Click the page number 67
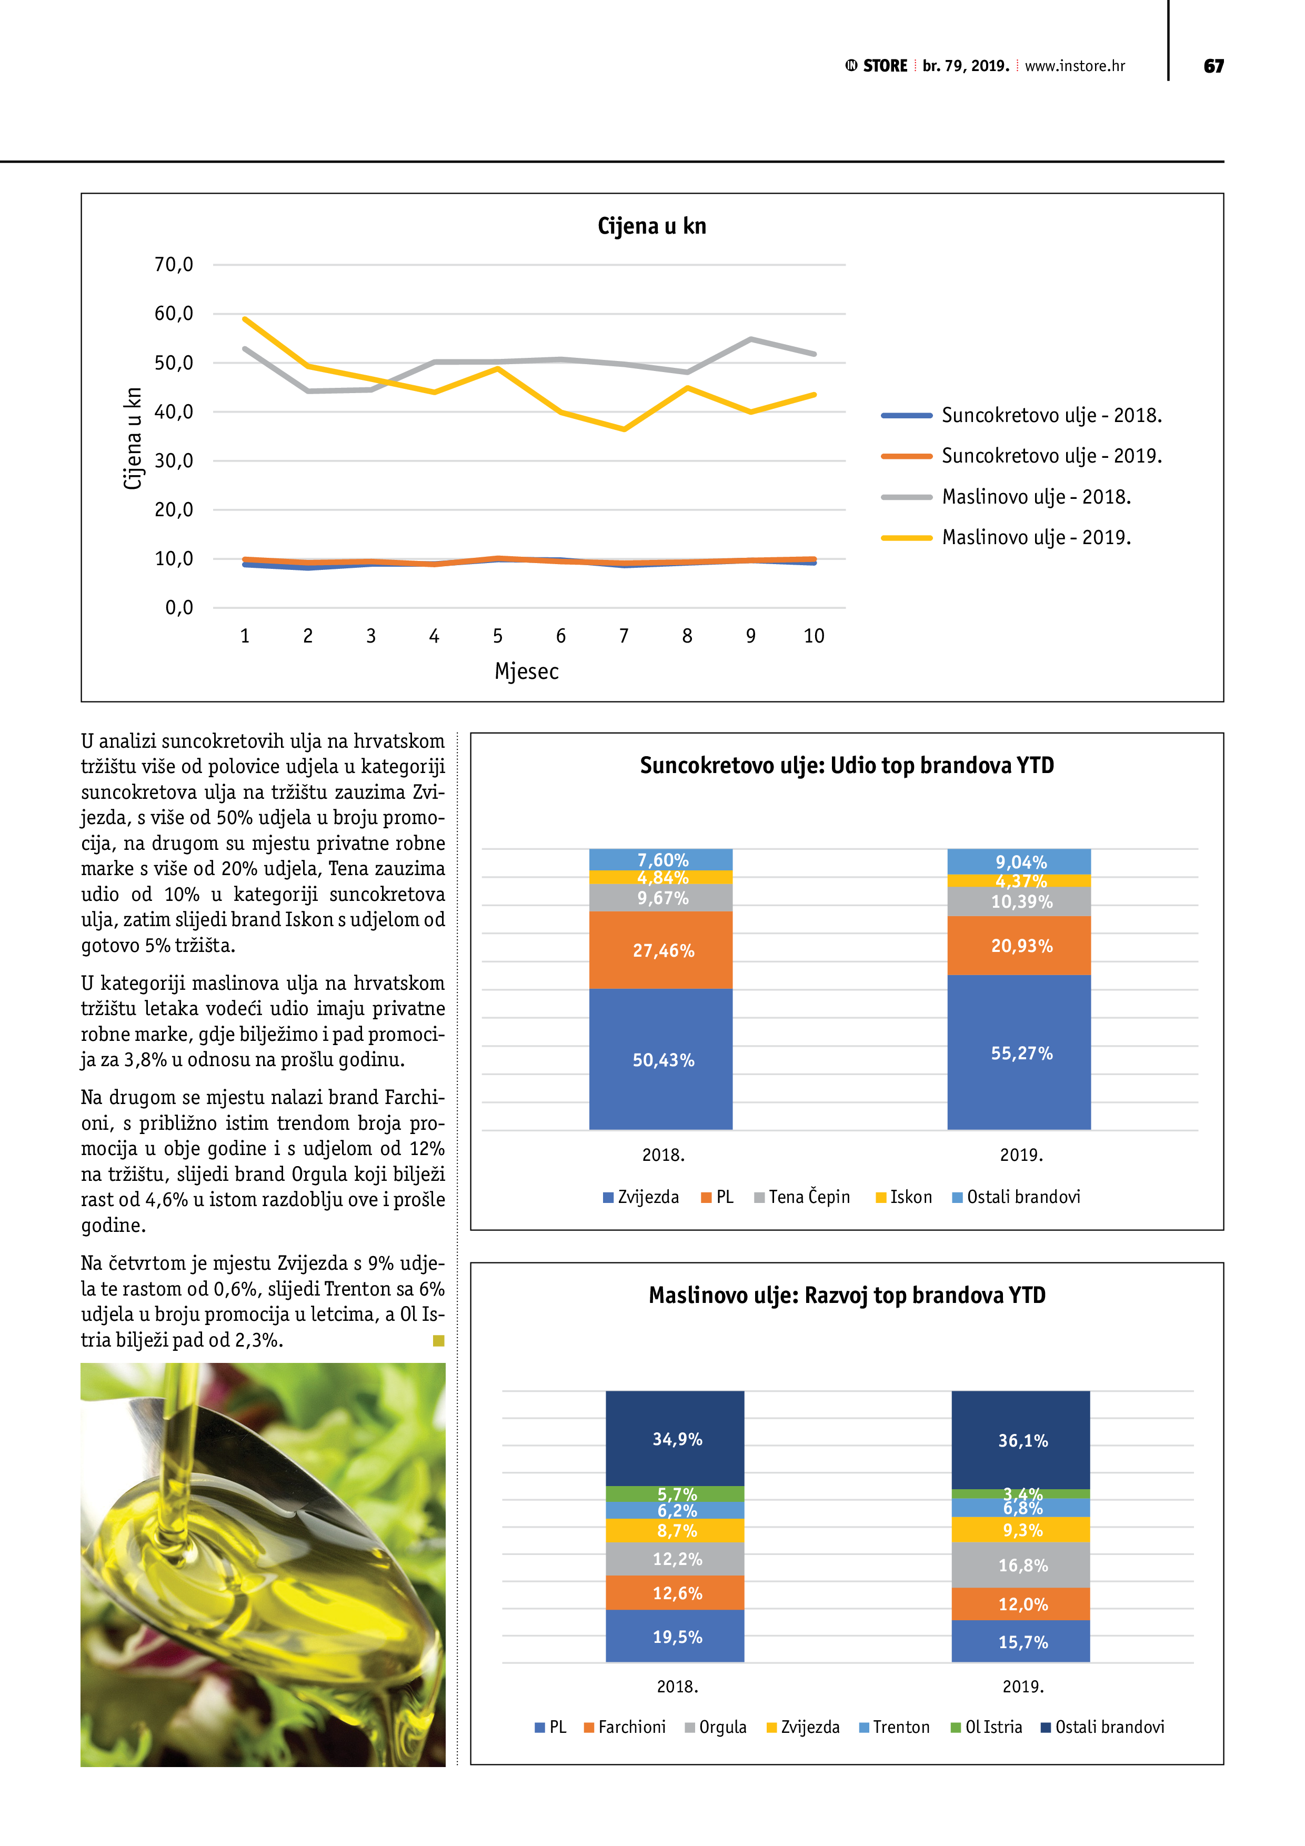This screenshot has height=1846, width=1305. [x=1213, y=66]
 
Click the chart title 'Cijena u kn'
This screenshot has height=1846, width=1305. [x=651, y=226]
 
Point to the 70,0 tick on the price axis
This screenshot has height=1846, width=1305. [x=174, y=265]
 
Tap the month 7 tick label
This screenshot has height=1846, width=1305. [x=624, y=636]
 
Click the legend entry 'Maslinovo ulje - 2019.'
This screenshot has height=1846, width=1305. [x=1036, y=537]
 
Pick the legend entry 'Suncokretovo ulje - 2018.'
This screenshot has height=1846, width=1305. [x=1051, y=416]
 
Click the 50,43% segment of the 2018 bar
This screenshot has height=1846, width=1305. [x=662, y=1060]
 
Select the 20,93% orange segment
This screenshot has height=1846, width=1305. [x=1021, y=946]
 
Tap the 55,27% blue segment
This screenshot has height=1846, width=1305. [x=1021, y=1054]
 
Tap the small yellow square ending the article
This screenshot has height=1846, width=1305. [x=438, y=1340]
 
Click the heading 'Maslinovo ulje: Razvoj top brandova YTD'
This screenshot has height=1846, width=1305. [x=847, y=1295]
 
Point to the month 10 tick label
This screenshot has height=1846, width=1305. [x=814, y=636]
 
